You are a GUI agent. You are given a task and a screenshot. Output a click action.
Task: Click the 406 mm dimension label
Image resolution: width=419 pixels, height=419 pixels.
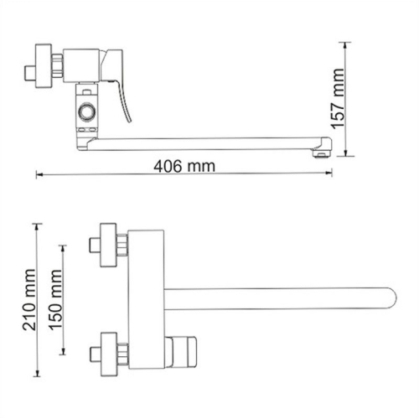click(x=184, y=166)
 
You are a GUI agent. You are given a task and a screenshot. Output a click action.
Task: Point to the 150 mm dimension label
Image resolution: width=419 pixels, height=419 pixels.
click(x=57, y=303)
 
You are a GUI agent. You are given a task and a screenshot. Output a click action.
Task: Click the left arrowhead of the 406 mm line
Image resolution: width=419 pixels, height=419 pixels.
click(x=39, y=175)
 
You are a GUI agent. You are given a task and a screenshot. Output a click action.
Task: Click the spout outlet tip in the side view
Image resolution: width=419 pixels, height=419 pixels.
click(x=320, y=151)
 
